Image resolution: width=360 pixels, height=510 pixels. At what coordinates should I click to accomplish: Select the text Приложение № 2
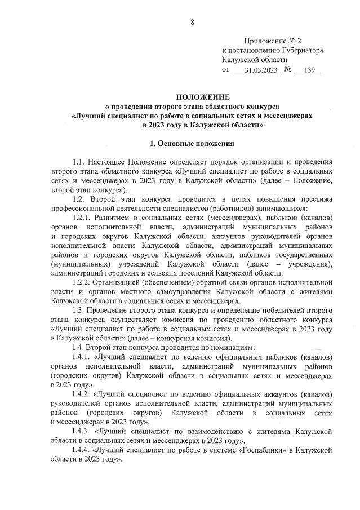click(x=273, y=41)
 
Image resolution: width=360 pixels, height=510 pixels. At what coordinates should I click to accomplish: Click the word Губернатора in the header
click(x=297, y=50)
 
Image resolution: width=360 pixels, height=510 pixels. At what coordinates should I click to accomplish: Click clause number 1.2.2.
click(x=85, y=282)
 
